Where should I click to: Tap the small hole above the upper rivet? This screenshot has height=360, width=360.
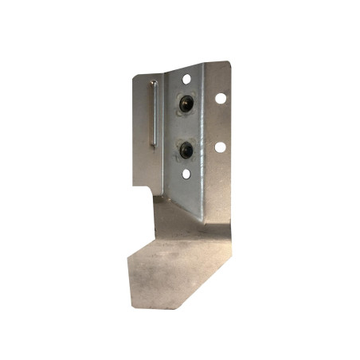click(186, 79)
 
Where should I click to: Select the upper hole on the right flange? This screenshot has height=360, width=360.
click(221, 98)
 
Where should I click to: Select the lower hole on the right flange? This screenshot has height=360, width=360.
click(219, 147)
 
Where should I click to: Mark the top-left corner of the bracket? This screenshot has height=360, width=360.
click(133, 76)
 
